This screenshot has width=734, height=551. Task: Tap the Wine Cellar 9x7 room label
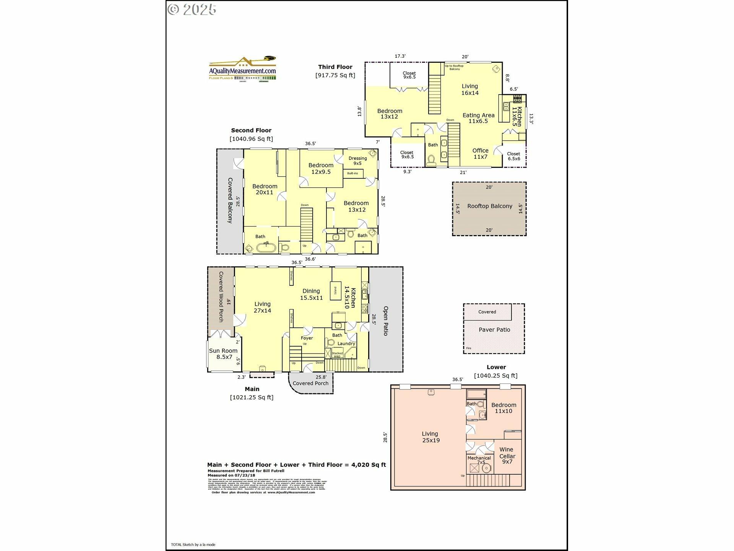pyautogui.click(x=507, y=456)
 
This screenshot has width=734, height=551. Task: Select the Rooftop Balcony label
pyautogui.click(x=489, y=206)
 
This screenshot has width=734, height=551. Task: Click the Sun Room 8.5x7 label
pyautogui.click(x=223, y=354)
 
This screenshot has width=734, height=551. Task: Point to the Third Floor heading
pyautogui.click(x=335, y=67)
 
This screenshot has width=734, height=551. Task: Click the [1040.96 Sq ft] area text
pyautogui.click(x=251, y=139)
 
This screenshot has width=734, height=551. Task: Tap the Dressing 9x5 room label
pyautogui.click(x=357, y=161)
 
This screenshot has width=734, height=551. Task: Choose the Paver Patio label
pyautogui.click(x=494, y=330)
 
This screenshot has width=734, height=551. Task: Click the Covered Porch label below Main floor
pyautogui.click(x=310, y=383)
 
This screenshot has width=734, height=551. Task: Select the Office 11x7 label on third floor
pyautogui.click(x=480, y=153)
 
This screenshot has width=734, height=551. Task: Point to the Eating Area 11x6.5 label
pyautogui.click(x=478, y=118)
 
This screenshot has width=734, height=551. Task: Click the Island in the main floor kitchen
pyautogui.click(x=336, y=291)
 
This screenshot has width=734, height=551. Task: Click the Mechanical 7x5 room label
pyautogui.click(x=479, y=460)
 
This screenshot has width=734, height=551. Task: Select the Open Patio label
pyautogui.click(x=386, y=321)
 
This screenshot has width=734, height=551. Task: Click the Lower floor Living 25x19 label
pyautogui.click(x=430, y=437)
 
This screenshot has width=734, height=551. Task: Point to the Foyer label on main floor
pyautogui.click(x=307, y=338)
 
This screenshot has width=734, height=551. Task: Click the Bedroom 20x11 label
pyautogui.click(x=265, y=189)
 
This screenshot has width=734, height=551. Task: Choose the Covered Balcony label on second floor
pyautogui.click(x=230, y=201)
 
